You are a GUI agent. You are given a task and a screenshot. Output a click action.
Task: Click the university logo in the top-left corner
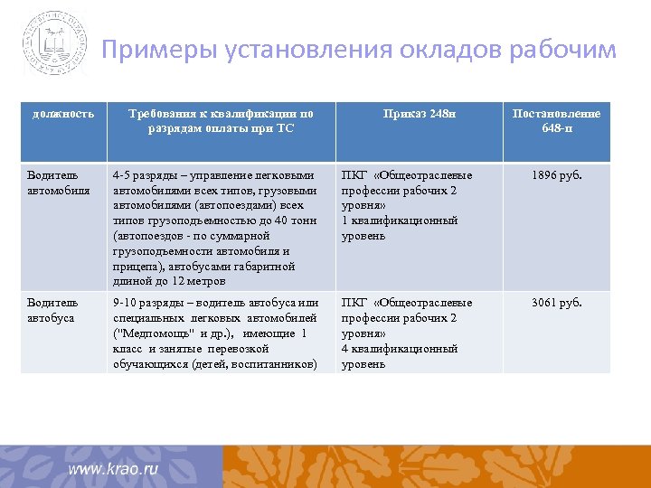point(56,42)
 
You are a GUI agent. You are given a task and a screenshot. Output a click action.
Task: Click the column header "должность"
point(63,114)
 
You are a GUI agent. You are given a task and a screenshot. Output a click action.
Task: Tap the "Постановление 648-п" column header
point(556,121)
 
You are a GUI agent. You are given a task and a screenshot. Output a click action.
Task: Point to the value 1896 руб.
point(556,175)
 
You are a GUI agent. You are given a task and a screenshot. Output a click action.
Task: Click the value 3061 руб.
point(556,303)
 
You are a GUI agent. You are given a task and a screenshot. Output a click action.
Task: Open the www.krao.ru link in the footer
point(113,469)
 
